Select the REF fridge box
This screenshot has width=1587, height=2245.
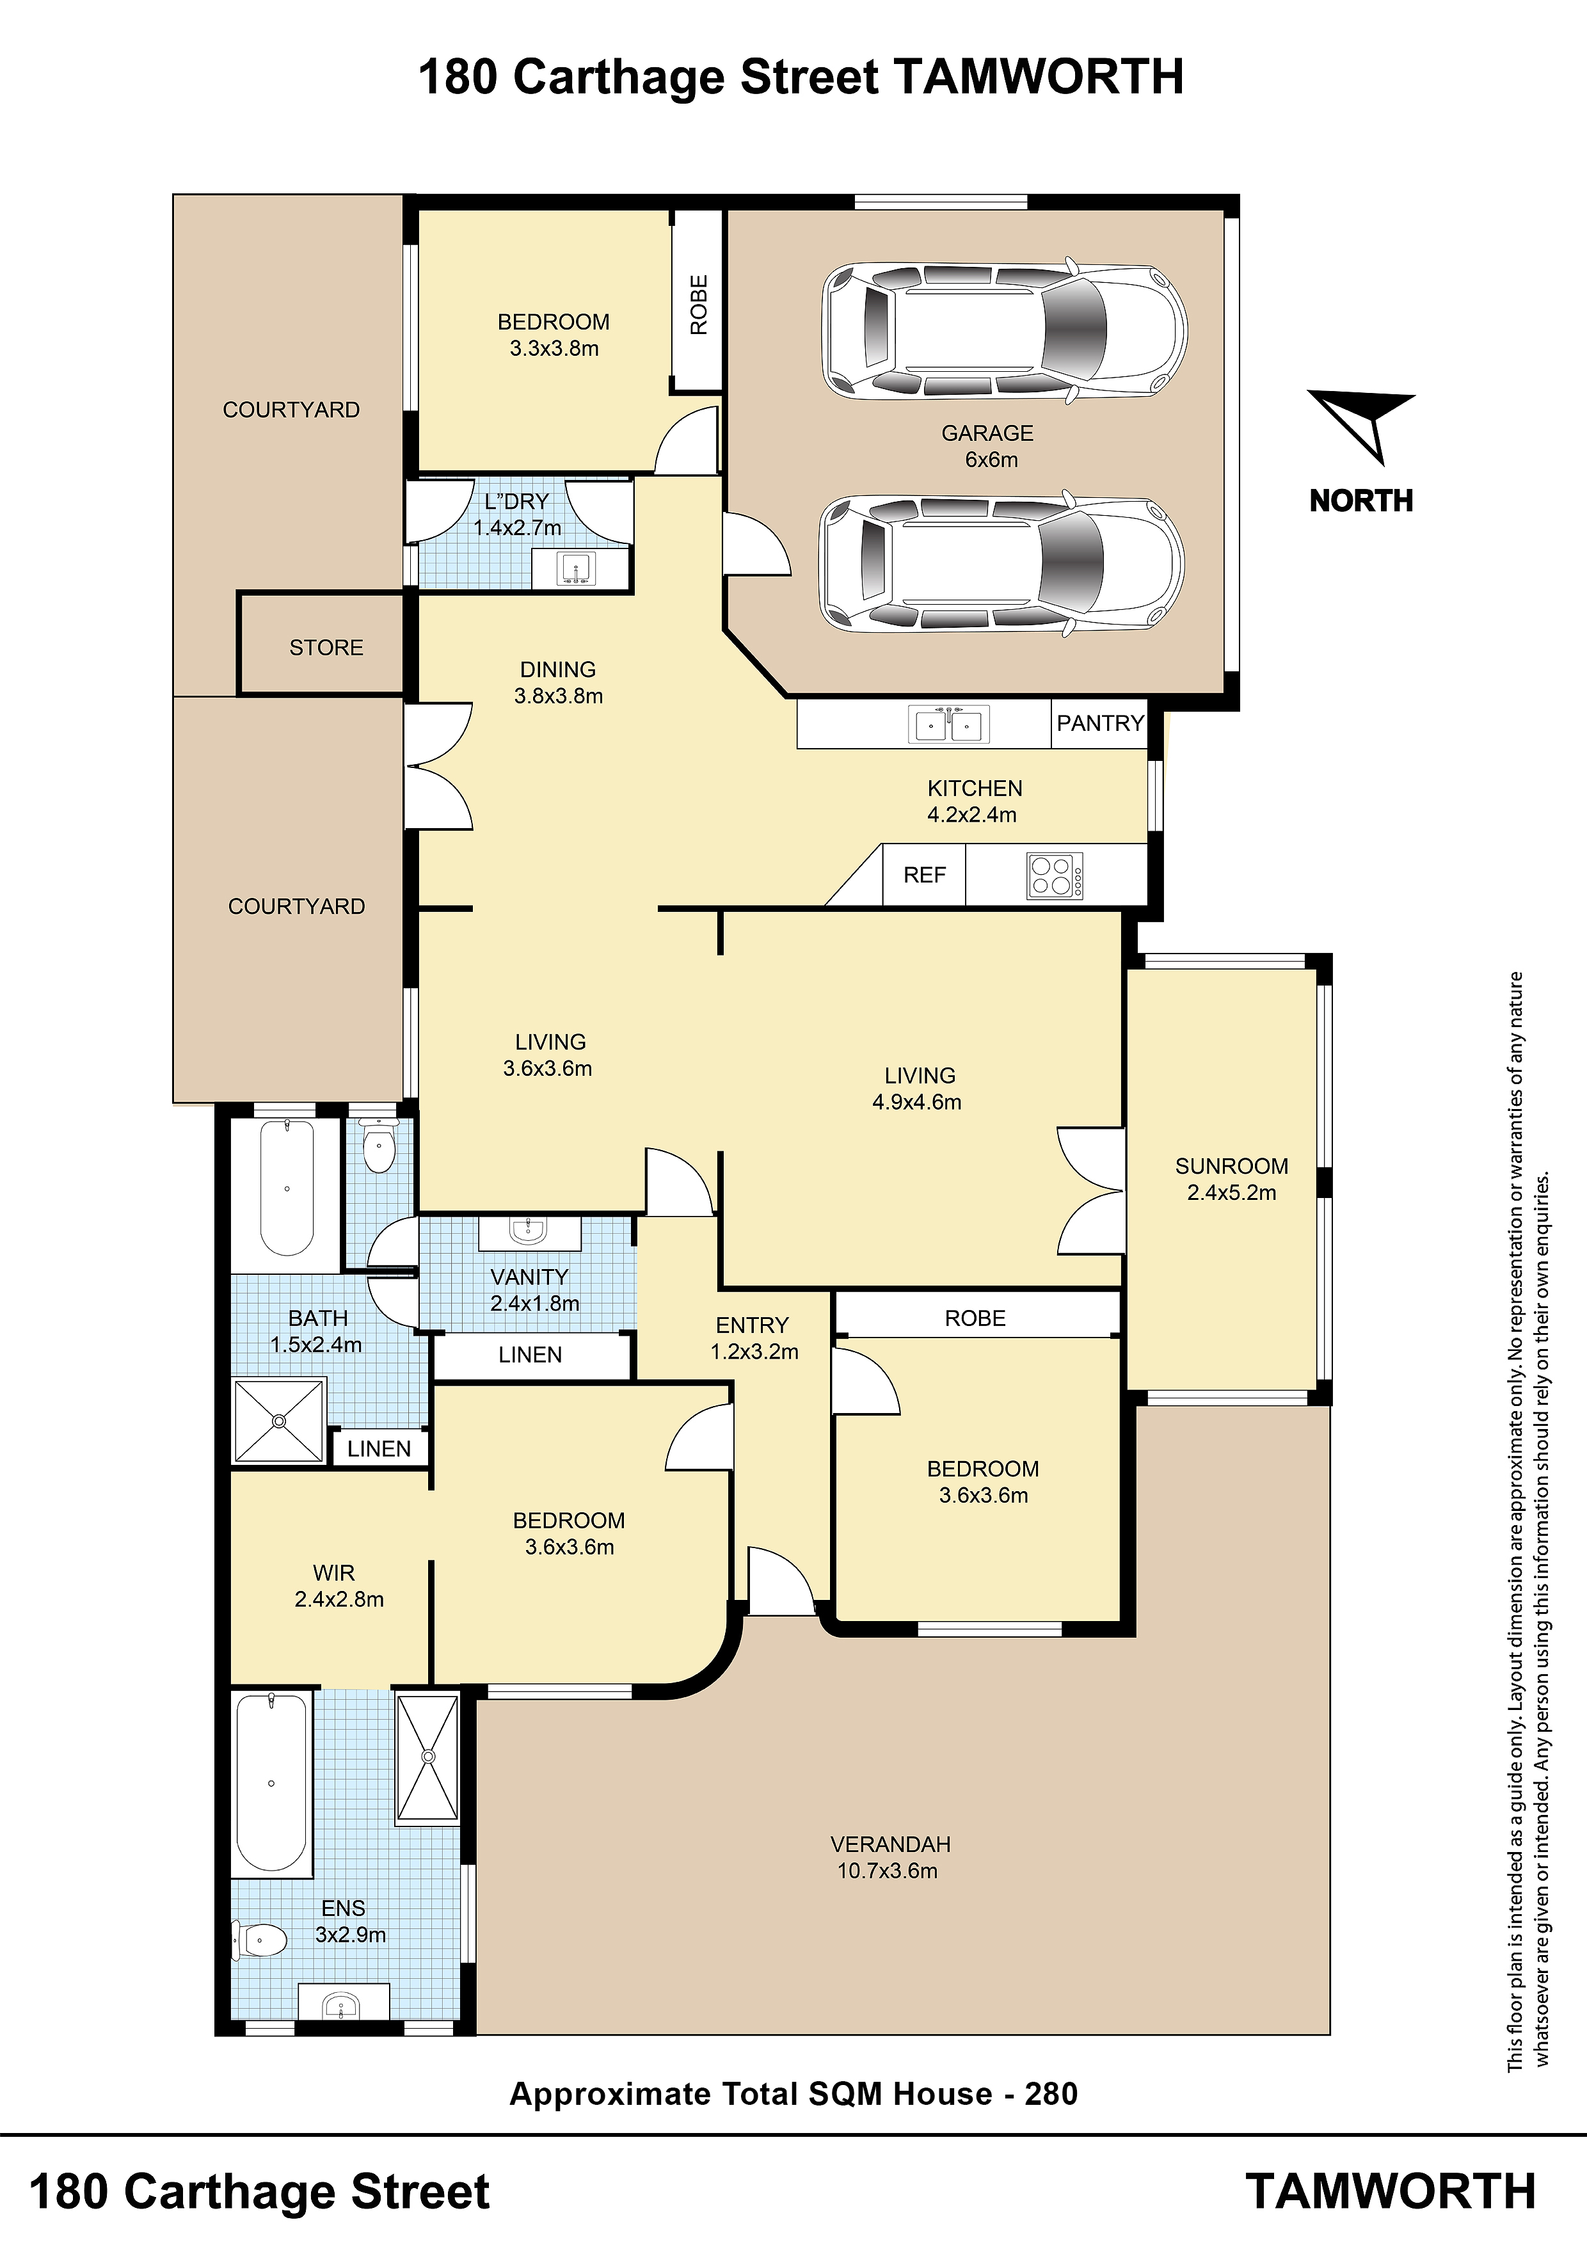(924, 875)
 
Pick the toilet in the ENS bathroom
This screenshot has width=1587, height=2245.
(259, 1939)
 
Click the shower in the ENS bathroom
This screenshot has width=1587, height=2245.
(427, 1757)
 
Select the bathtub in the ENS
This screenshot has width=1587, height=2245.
(271, 1782)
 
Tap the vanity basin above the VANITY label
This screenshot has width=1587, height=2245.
(529, 1233)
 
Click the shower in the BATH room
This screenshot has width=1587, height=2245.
(278, 1421)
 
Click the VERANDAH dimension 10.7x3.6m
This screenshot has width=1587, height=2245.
(887, 1871)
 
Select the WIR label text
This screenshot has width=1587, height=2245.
(333, 1573)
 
